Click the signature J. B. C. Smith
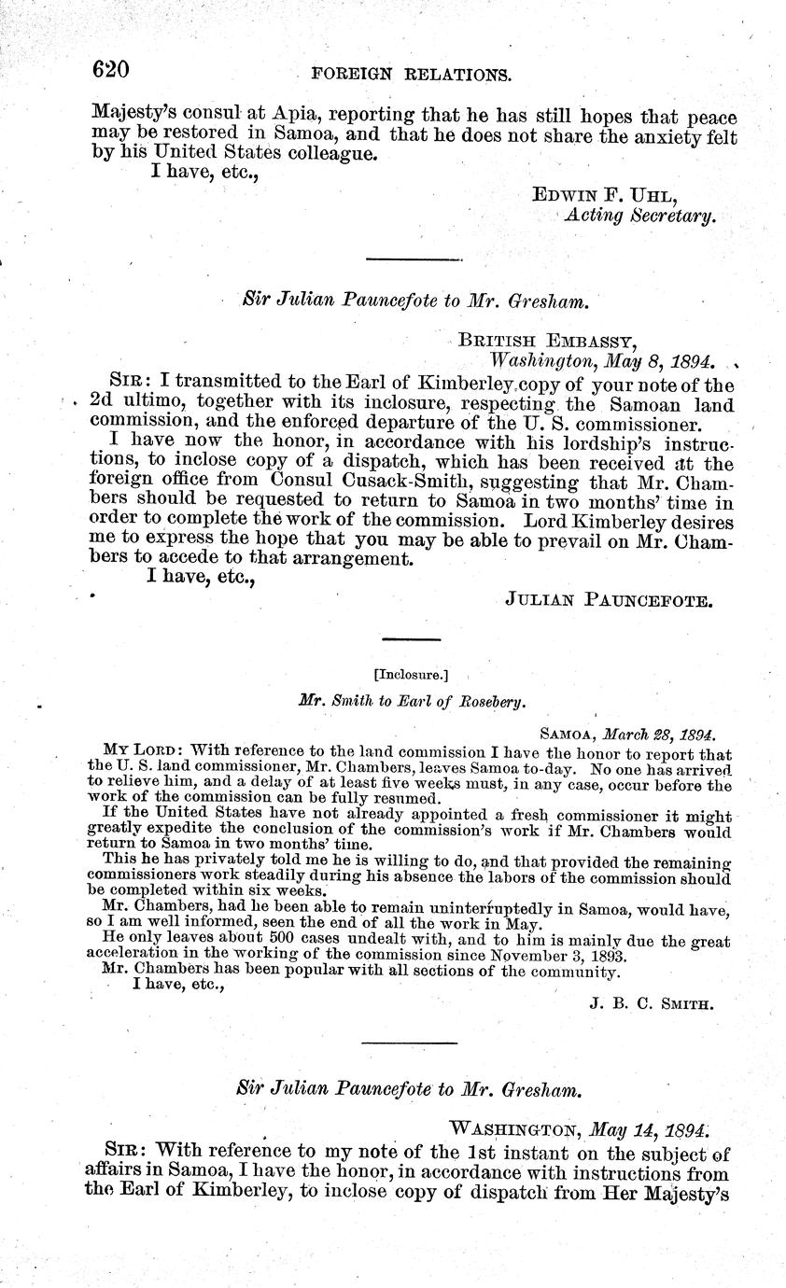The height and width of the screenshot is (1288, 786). [x=652, y=1004]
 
